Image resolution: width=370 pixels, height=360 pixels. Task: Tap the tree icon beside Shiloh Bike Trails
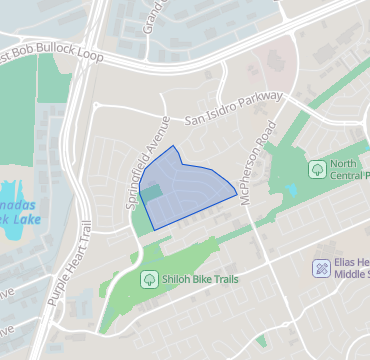pos(149,279)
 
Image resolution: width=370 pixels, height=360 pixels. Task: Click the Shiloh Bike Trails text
pos(199,280)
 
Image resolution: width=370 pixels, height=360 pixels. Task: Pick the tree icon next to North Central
pos(317,168)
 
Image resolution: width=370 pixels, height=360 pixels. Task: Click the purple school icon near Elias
pos(321,267)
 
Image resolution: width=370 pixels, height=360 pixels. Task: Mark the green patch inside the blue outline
pos(152,191)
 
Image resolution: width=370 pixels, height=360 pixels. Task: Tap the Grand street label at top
pos(152,14)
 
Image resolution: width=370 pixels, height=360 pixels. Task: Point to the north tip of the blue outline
pos(176,146)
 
